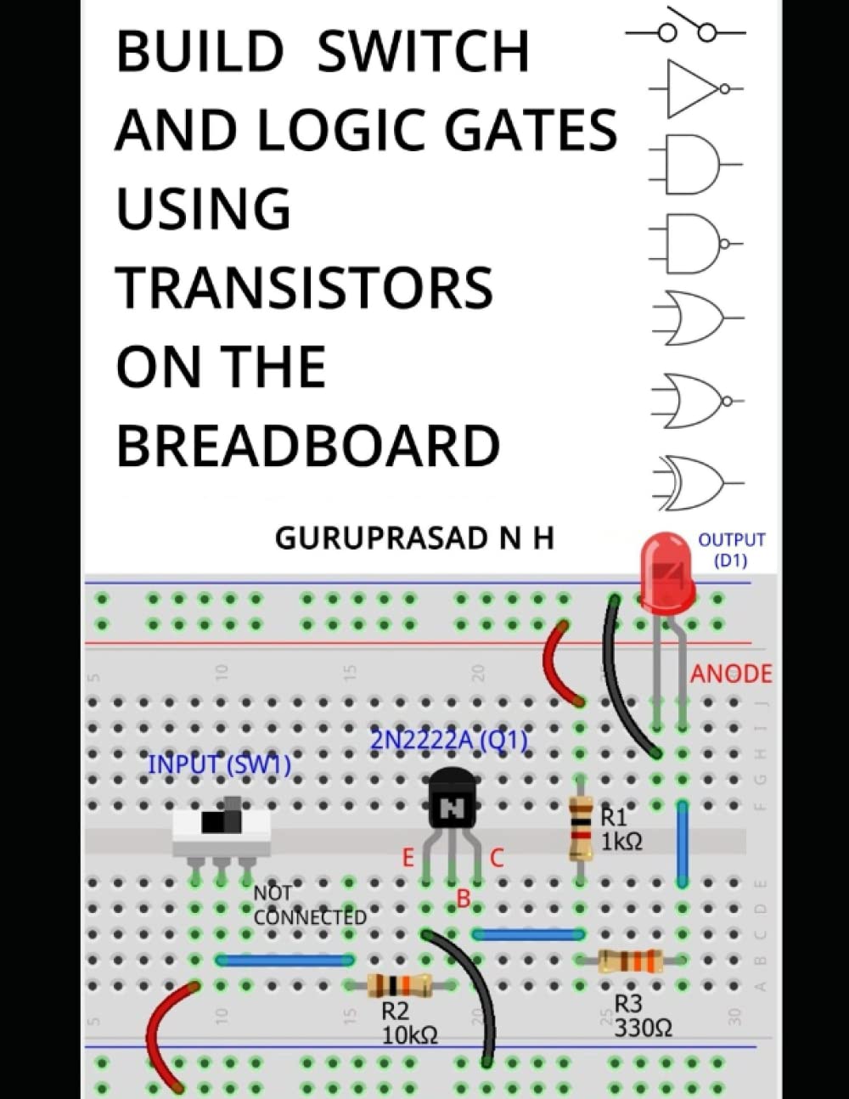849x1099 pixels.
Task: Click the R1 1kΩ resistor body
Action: (x=581, y=827)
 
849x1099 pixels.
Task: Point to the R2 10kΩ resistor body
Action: (x=399, y=985)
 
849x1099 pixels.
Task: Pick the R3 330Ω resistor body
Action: (x=630, y=961)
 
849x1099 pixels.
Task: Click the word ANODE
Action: (x=731, y=674)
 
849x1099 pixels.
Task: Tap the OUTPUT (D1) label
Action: (x=731, y=549)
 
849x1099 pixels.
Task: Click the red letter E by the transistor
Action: (x=408, y=859)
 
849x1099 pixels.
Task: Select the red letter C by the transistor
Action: (x=498, y=859)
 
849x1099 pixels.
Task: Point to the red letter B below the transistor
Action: (x=464, y=898)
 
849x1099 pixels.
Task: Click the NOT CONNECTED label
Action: (x=309, y=905)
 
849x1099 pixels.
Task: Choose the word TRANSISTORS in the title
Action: (x=304, y=288)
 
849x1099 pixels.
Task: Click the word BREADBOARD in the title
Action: (x=307, y=446)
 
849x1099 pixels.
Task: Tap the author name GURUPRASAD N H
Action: (x=414, y=538)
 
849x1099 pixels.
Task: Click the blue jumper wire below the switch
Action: (x=284, y=961)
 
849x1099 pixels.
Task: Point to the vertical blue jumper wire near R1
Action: (x=682, y=844)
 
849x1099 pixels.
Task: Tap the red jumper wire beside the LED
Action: (x=559, y=664)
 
